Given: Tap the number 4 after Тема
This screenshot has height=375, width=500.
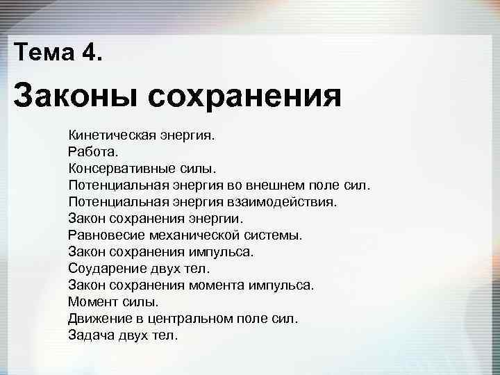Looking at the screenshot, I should [x=91, y=52].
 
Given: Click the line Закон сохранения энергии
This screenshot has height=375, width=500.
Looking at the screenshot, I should [x=156, y=218].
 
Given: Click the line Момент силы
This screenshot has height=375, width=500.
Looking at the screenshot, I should [x=113, y=301].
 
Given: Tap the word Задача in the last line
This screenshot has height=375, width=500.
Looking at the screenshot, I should [x=92, y=335].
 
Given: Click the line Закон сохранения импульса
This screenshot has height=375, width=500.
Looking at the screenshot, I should [x=161, y=251].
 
